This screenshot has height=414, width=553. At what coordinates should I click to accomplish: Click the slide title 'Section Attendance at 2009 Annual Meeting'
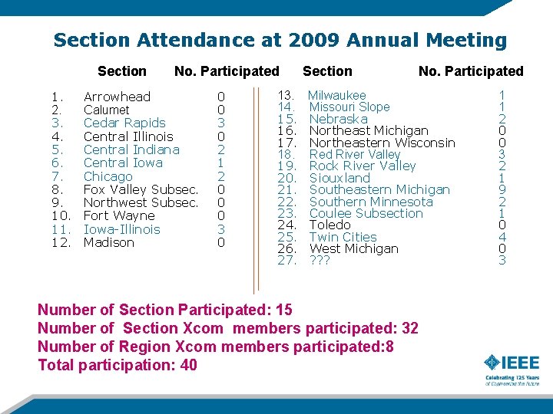click(x=280, y=40)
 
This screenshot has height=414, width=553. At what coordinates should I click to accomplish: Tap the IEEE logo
click(x=512, y=366)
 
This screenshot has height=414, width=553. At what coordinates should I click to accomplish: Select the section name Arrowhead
click(x=117, y=97)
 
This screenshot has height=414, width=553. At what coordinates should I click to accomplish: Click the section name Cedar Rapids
click(x=124, y=123)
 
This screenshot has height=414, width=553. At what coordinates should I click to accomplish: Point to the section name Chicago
click(x=108, y=176)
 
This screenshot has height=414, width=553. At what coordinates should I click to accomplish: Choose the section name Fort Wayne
click(x=119, y=216)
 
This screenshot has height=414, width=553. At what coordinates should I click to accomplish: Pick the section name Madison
click(x=108, y=242)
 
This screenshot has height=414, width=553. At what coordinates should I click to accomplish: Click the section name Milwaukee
click(x=337, y=95)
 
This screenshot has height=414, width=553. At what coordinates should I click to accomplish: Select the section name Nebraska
click(x=338, y=119)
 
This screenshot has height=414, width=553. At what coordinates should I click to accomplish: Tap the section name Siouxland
click(x=339, y=178)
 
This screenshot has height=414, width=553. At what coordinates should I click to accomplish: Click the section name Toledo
click(x=329, y=225)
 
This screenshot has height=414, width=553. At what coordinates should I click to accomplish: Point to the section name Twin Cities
click(x=343, y=237)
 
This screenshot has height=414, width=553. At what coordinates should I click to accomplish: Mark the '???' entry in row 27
click(x=319, y=261)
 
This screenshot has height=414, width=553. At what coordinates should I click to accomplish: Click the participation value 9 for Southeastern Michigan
click(x=502, y=189)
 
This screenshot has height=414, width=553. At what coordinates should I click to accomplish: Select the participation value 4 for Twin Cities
click(x=502, y=237)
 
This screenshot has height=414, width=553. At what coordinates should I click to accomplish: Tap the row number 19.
click(x=286, y=166)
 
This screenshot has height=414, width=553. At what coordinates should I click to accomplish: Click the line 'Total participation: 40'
click(x=118, y=365)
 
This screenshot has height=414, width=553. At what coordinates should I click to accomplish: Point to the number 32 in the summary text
click(x=409, y=328)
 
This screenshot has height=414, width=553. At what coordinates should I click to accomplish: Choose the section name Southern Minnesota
click(x=371, y=202)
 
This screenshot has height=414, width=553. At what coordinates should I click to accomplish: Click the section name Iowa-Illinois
click(x=121, y=229)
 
